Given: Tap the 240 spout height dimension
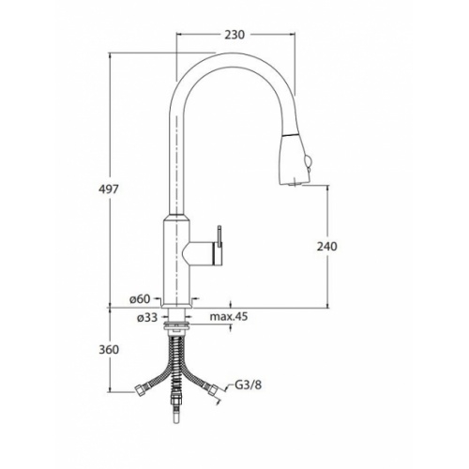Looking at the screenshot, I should [x=328, y=246].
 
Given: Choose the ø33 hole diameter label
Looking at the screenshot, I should [x=144, y=318].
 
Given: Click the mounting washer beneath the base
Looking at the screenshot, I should [x=176, y=325].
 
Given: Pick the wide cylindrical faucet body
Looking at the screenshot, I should [x=176, y=258].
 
